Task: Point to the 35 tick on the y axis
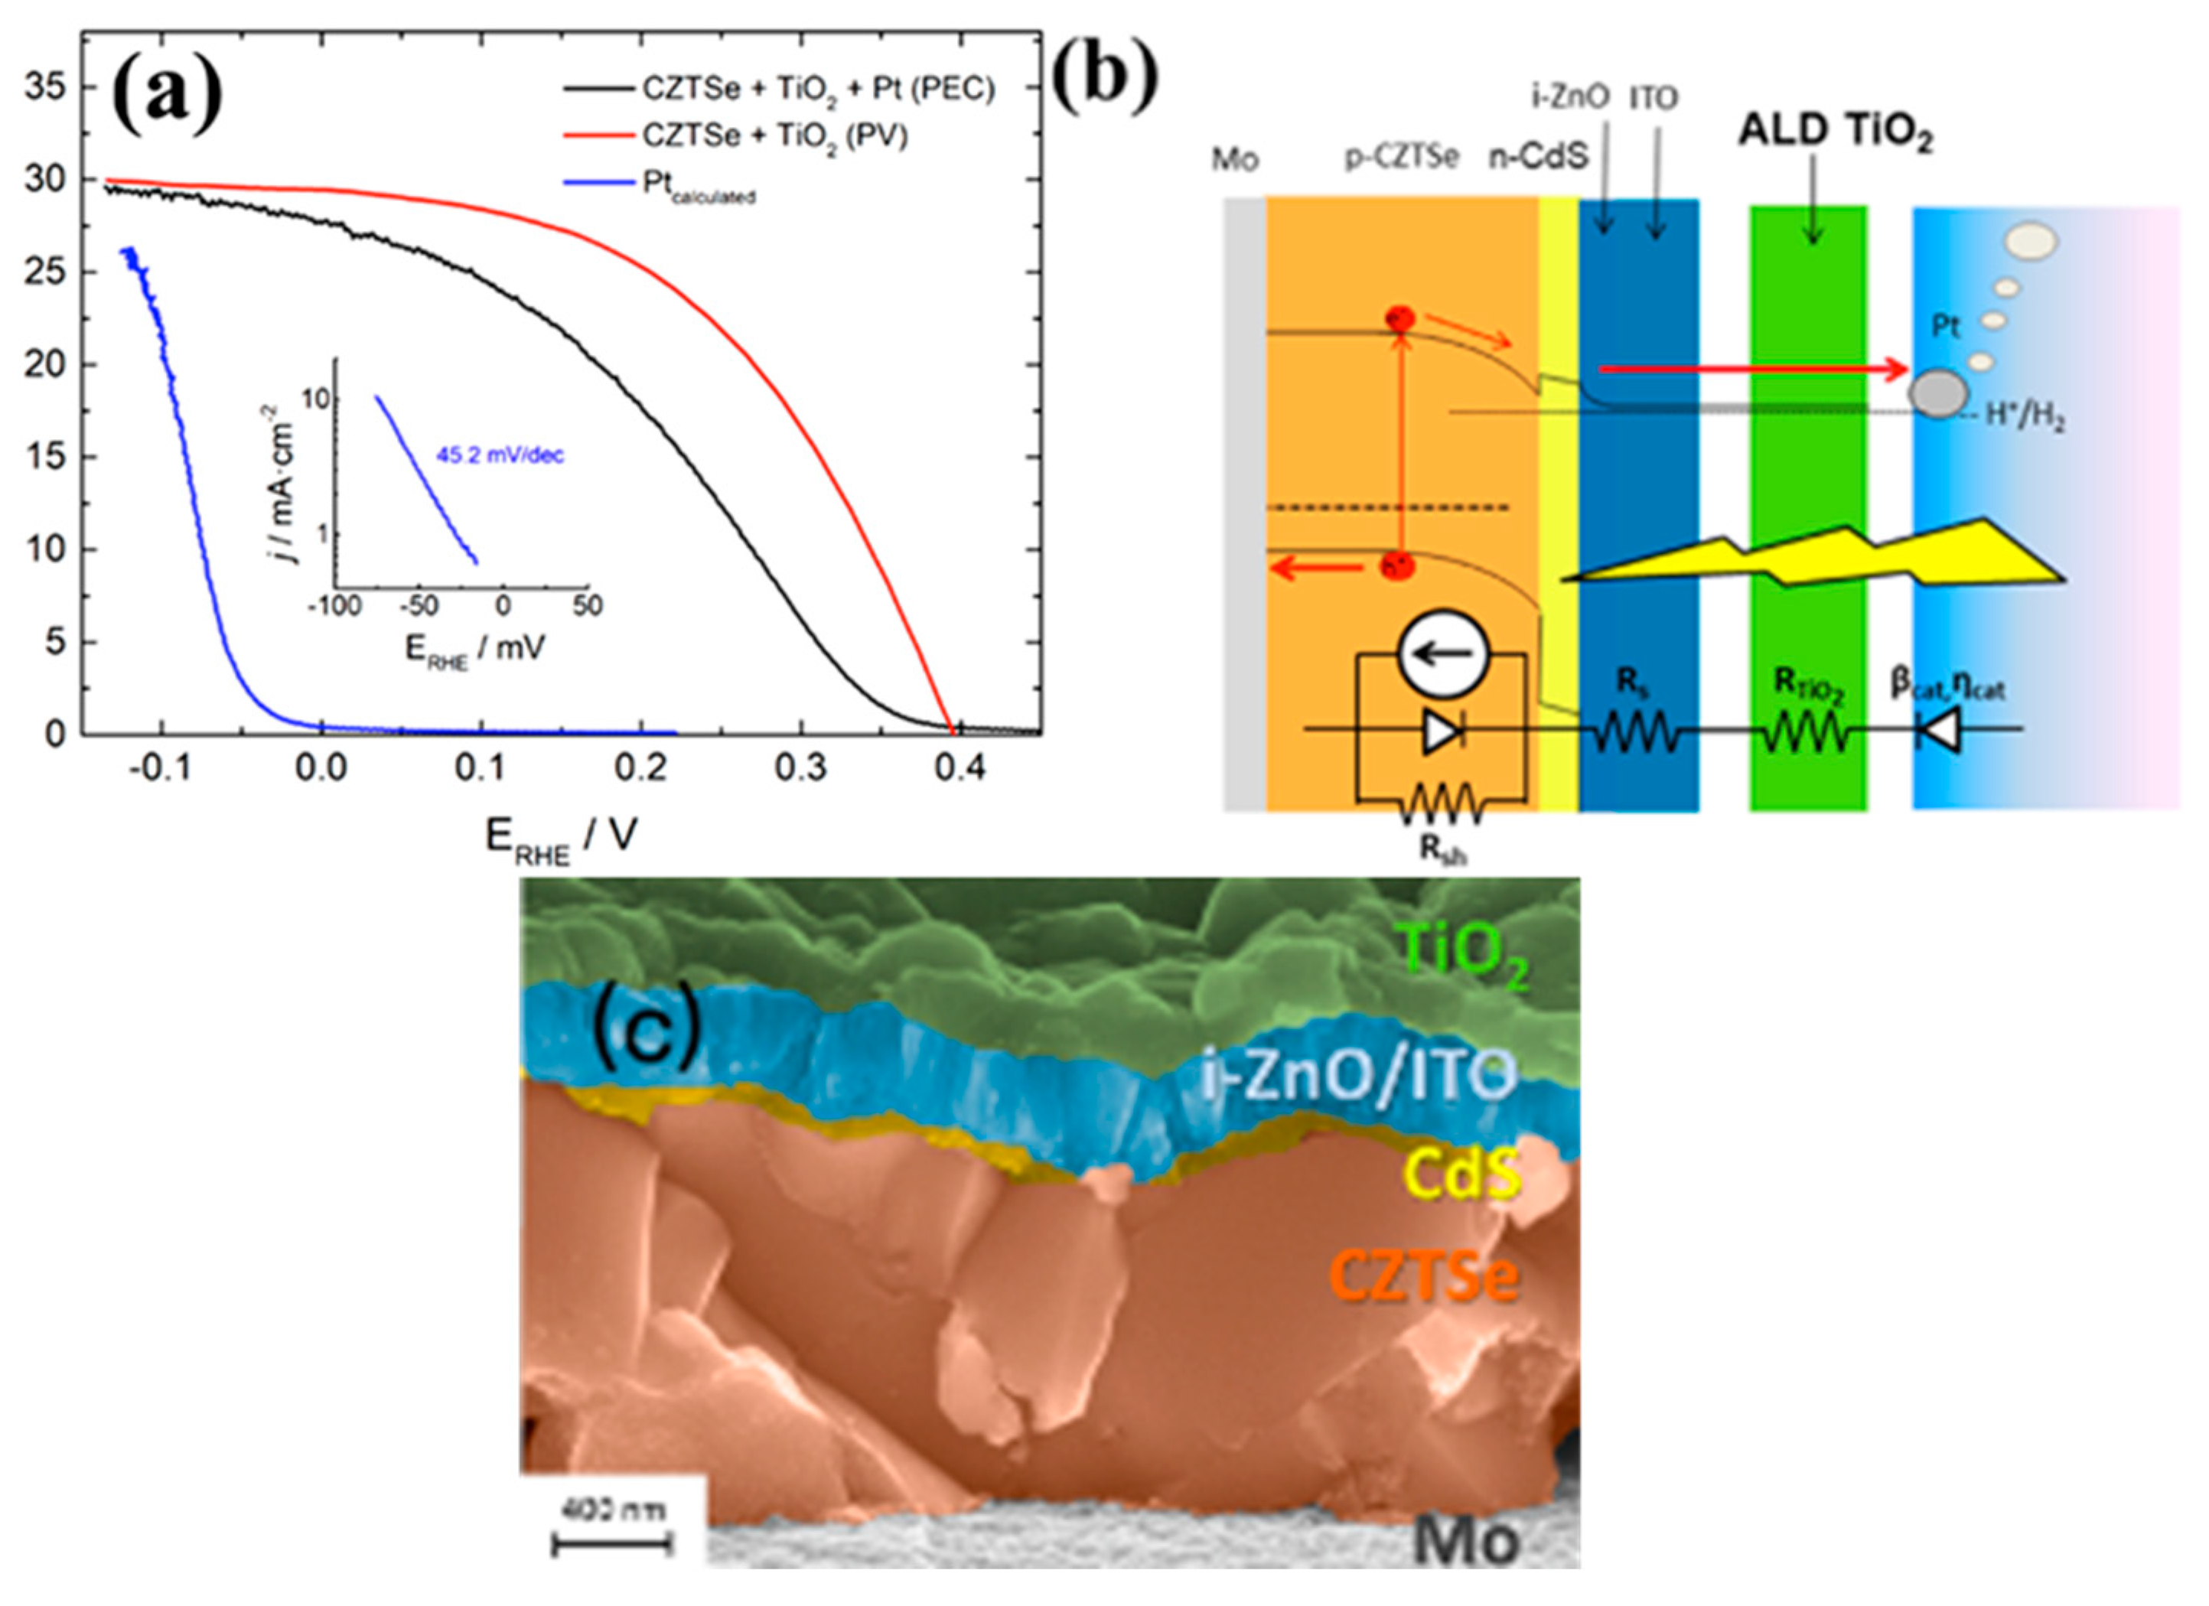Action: (46, 88)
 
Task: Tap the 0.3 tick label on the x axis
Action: (800, 770)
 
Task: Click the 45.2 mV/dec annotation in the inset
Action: (500, 454)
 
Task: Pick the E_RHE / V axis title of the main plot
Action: (561, 838)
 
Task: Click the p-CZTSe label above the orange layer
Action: (1402, 157)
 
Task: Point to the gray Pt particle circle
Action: (1937, 393)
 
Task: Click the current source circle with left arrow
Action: (1442, 654)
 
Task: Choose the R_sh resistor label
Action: (1442, 849)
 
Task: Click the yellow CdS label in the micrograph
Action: (1461, 1175)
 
